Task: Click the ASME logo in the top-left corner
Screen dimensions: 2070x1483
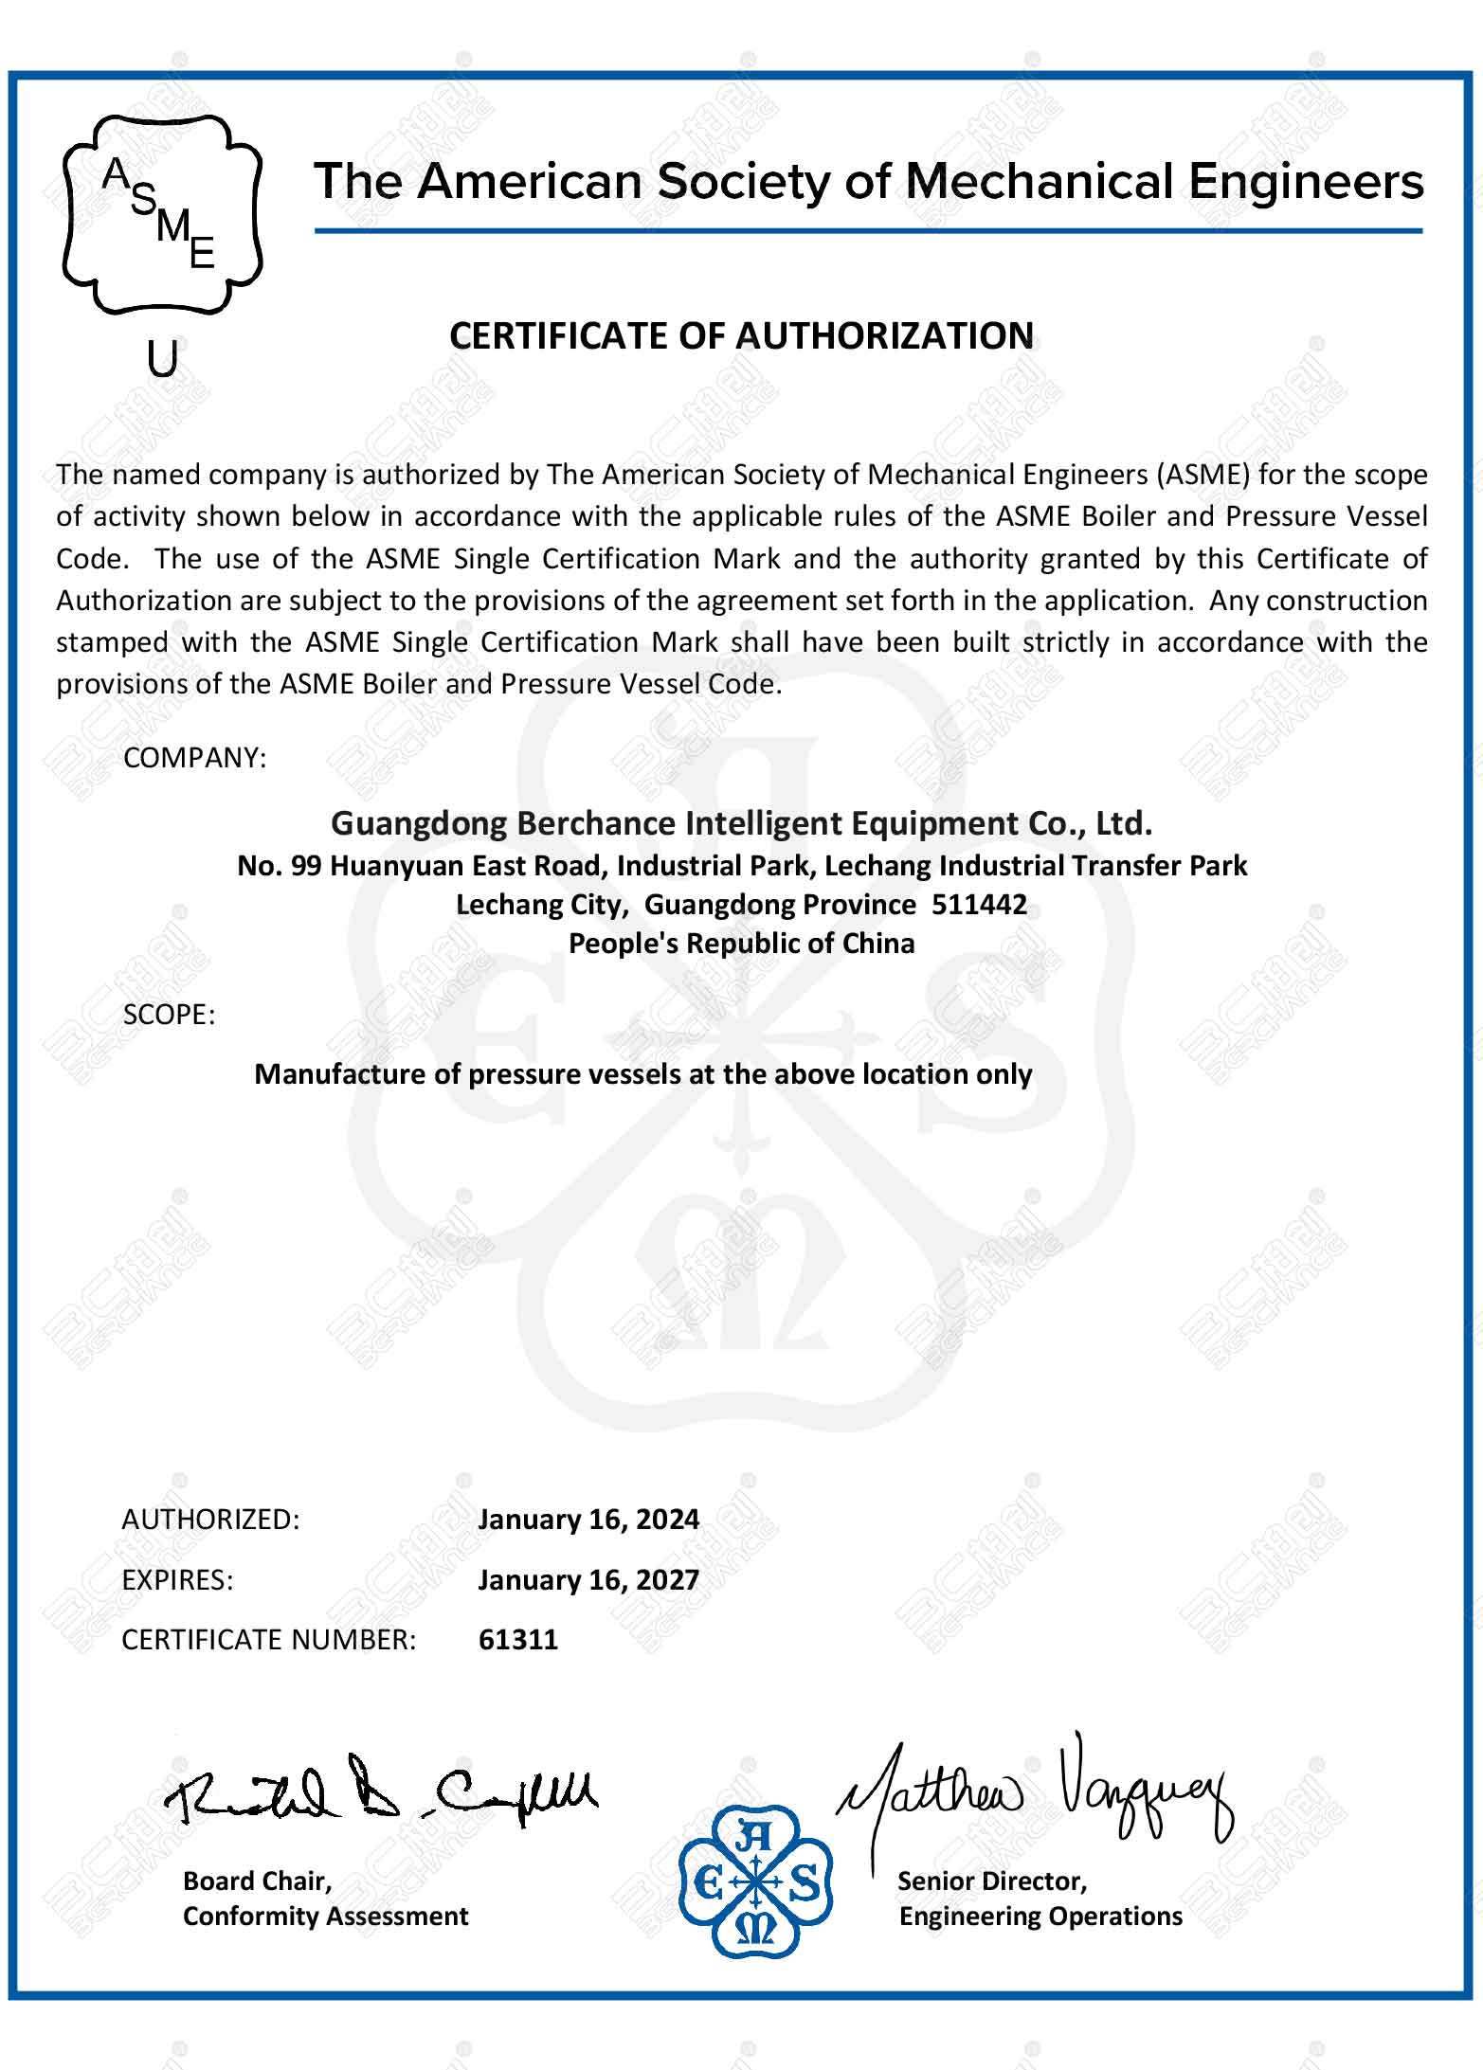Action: (162, 214)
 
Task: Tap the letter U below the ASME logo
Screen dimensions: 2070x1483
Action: (163, 359)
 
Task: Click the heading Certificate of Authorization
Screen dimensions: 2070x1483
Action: (741, 336)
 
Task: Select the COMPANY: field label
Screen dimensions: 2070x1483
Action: (195, 758)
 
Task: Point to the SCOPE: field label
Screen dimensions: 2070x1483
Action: (170, 1015)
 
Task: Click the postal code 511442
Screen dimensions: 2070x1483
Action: (979, 905)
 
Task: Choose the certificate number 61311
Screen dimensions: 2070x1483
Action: (518, 1640)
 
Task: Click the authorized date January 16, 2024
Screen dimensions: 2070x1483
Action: (588, 1520)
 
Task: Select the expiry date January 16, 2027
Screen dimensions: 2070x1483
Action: (588, 1580)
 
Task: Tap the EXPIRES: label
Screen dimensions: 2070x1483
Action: (177, 1580)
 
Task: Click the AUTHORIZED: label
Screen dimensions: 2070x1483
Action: (210, 1520)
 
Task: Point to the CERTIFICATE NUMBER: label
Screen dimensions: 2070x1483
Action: (269, 1640)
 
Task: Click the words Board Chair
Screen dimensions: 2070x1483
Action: (257, 1881)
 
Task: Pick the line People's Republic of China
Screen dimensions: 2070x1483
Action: (741, 944)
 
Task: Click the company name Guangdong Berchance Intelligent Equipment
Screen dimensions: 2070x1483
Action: (741, 823)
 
